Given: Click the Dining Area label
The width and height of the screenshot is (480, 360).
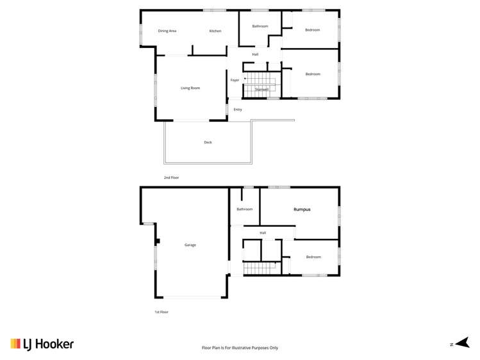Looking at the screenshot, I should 167,31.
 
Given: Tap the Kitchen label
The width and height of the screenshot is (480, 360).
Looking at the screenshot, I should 215,31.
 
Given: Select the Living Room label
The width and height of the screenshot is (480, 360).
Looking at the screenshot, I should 190,88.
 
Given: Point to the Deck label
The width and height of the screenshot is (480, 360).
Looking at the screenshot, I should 208,142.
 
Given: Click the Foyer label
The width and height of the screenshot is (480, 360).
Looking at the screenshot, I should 235,80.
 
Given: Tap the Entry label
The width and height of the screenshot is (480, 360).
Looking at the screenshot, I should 238,110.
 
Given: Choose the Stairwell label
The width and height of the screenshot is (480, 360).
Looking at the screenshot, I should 261,90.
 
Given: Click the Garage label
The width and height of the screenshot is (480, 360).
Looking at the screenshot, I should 190,245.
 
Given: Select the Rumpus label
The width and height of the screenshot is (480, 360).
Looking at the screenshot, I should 302,209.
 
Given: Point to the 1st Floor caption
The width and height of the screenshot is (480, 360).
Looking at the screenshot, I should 161,312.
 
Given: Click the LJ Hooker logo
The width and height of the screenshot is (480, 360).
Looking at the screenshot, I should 42,344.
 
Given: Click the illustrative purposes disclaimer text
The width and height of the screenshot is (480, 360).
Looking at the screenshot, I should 240,347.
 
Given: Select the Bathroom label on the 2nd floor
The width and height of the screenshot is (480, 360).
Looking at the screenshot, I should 260,26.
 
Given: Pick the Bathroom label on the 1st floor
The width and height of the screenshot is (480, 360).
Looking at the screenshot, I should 244,209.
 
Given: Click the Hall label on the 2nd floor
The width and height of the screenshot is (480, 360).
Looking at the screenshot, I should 255,54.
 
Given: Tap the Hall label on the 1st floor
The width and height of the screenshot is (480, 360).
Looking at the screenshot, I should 263,233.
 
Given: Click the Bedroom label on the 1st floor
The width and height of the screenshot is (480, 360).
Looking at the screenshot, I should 313,257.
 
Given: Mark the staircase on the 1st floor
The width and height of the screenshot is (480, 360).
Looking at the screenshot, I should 259,268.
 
